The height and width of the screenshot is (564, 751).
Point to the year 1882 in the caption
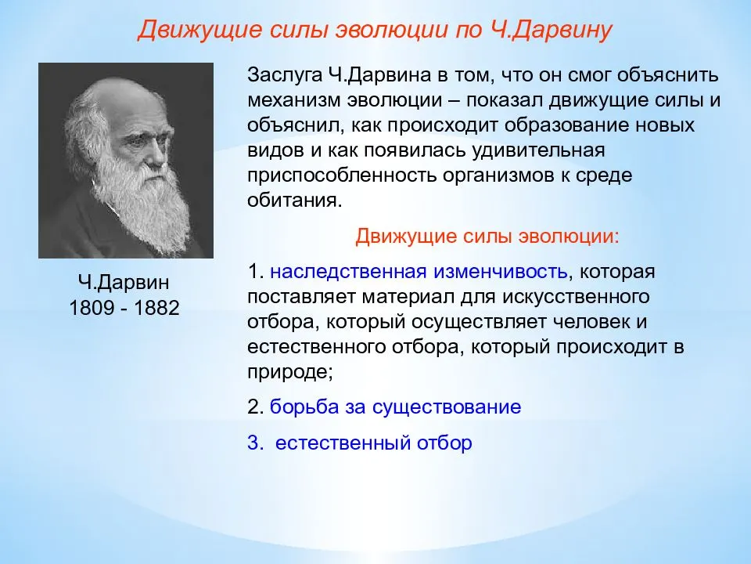[x=156, y=308]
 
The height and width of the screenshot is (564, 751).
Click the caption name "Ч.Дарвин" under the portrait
[x=124, y=282]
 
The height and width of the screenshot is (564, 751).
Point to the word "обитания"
[x=295, y=201]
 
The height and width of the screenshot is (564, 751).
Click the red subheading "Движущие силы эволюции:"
[x=487, y=236]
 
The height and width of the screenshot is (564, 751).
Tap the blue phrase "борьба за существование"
[x=395, y=407]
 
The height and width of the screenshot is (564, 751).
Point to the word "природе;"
[x=289, y=372]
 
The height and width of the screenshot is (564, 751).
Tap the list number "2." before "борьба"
[x=255, y=407]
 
